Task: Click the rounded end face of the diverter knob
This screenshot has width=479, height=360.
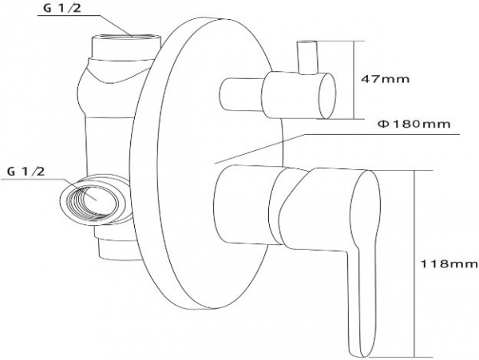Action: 327,94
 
